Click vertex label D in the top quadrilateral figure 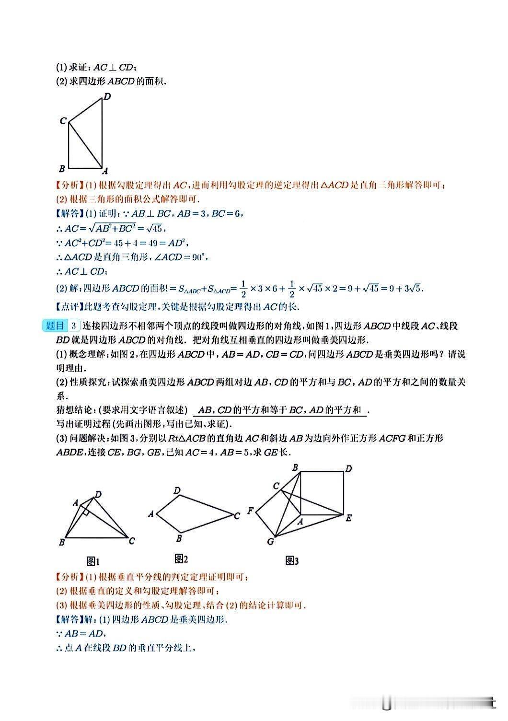click(107, 96)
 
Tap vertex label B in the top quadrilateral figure click(62, 168)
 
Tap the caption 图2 click(181, 558)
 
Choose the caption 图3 click(292, 560)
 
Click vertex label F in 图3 click(250, 511)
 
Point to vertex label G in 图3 click(270, 542)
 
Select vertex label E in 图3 click(349, 518)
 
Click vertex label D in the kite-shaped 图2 click(177, 490)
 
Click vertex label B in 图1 click(61, 542)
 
